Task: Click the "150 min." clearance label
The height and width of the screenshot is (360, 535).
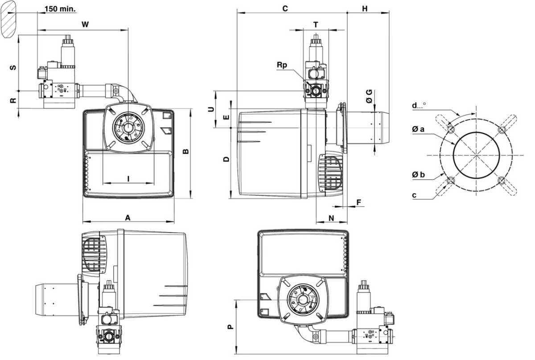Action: [x=61, y=8]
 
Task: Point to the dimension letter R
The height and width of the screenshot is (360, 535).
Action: [x=13, y=101]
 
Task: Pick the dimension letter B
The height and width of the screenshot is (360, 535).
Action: [x=186, y=151]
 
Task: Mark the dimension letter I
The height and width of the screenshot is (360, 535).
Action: [x=128, y=178]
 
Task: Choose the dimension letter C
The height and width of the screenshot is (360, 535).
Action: [x=285, y=8]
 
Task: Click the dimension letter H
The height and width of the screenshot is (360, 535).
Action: [x=365, y=8]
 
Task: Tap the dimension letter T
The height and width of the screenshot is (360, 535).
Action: [x=316, y=25]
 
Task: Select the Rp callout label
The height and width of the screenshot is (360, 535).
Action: [x=282, y=65]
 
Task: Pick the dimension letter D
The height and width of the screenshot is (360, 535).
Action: [x=226, y=159]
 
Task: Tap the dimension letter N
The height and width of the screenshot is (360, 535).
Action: [x=331, y=217]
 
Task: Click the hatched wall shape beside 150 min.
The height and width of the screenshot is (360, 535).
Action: [x=9, y=19]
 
